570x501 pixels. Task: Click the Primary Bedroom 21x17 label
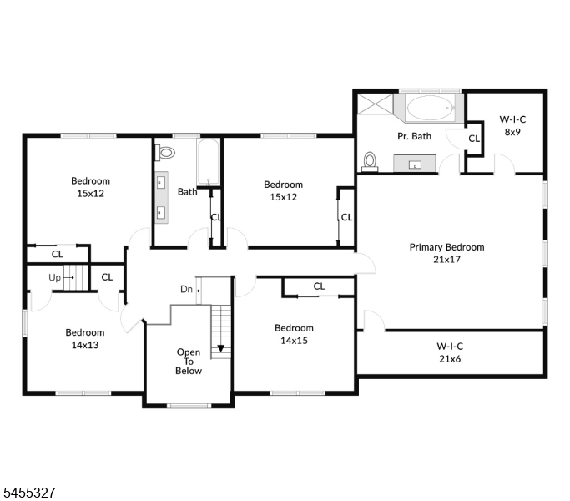446,253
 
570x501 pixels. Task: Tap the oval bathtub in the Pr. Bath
430,108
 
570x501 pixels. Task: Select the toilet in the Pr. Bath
370,161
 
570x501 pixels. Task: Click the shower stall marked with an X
376,104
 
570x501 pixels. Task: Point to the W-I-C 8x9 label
512,125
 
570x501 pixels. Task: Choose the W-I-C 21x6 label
450,352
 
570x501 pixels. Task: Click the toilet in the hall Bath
164,153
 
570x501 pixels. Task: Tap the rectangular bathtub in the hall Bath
208,162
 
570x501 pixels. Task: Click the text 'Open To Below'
189,362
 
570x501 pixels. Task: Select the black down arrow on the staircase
220,348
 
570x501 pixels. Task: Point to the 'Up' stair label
54,277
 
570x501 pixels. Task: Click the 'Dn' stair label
186,289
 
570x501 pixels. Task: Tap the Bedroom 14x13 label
84,339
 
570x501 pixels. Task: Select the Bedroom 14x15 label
294,334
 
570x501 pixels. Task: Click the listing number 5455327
29,493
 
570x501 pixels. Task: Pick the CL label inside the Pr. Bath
474,139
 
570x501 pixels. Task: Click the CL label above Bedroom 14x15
319,286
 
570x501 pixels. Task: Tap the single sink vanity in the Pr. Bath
415,164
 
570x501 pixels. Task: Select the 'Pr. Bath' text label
414,136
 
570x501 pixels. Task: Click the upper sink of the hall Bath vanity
161,181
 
